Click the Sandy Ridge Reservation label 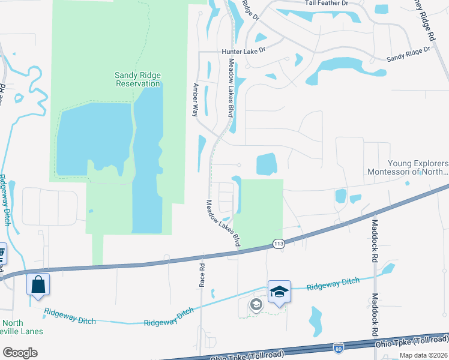(x=137, y=79)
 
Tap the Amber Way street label (x=194, y=100)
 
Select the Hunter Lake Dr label (x=243, y=52)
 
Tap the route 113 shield (x=278, y=244)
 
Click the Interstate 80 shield (x=339, y=347)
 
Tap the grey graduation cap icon (x=256, y=305)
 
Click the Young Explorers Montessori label (x=408, y=167)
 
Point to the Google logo (x=20, y=353)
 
